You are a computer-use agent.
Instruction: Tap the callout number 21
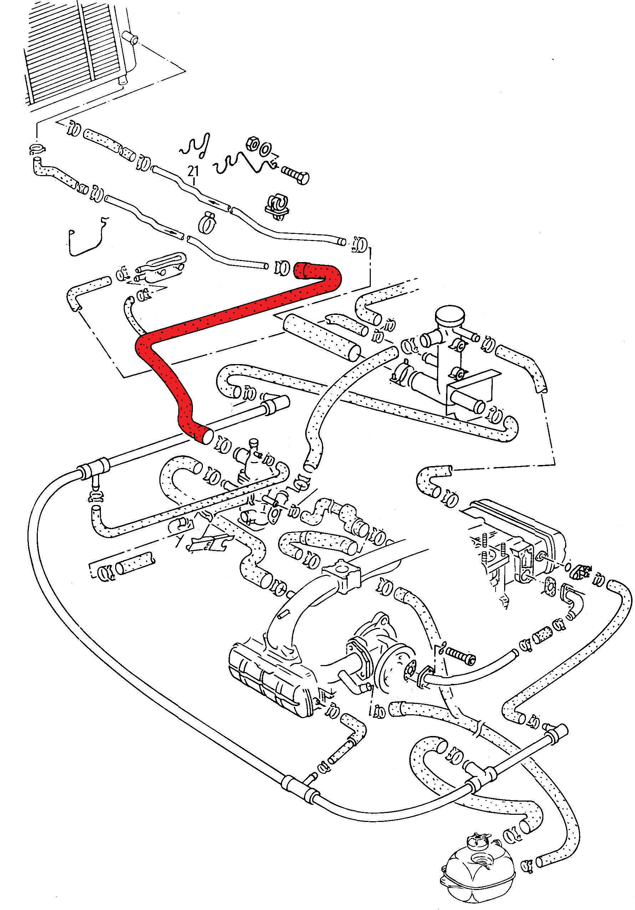pos(193,171)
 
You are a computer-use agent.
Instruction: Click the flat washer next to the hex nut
pos(265,149)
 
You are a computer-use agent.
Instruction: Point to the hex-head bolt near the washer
pos(295,175)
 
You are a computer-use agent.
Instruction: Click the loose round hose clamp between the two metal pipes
pos(207,221)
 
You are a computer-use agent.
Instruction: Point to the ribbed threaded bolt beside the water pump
pos(460,654)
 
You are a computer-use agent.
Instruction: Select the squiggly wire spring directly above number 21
pos(195,147)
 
